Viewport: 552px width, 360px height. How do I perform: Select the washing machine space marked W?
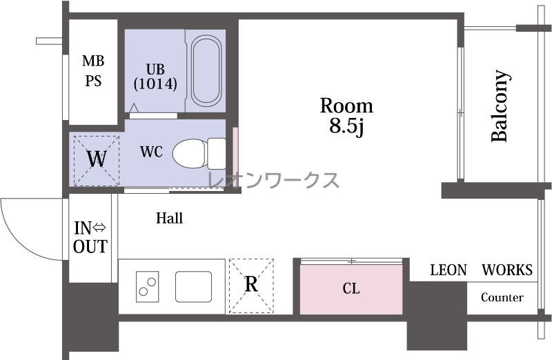97,161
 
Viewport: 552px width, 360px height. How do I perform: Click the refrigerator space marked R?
251,286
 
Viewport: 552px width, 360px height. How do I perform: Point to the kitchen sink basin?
194,286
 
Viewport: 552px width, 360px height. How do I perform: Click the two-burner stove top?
147,286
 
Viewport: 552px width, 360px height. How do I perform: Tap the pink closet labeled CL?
351,289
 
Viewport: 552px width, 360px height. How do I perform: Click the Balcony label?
500,106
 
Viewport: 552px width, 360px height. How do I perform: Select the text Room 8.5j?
346,116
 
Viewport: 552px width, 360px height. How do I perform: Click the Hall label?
169,218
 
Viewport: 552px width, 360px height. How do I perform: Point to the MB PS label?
93,71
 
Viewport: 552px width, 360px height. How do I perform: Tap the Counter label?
502,297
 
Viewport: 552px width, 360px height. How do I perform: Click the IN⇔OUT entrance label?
90,237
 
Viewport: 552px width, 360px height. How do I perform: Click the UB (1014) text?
155,77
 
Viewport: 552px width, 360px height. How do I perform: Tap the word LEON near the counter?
448,270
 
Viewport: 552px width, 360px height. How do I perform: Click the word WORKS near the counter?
507,270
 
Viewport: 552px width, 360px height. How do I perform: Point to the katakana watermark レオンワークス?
273,180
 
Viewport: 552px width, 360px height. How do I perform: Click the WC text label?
151,152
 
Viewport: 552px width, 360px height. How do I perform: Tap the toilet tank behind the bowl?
217,153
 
